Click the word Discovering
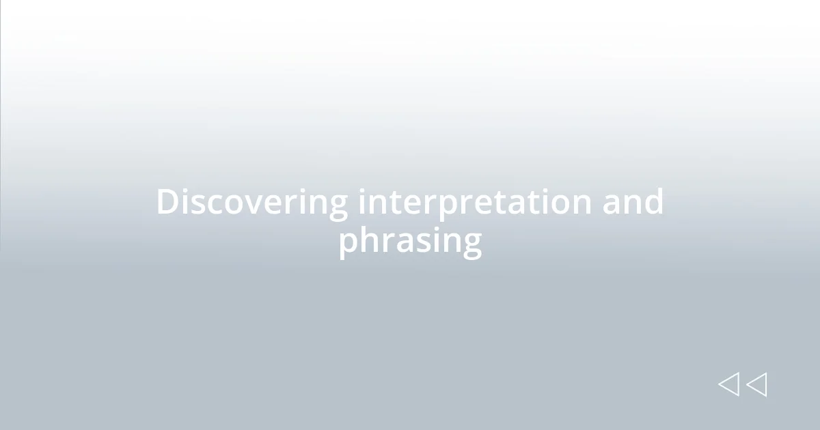pyautogui.click(x=251, y=203)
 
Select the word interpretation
pyautogui.click(x=474, y=203)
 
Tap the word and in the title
pyautogui.click(x=632, y=202)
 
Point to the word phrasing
pyautogui.click(x=410, y=241)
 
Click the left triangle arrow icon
pyautogui.click(x=728, y=384)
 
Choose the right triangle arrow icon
pyautogui.click(x=756, y=384)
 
